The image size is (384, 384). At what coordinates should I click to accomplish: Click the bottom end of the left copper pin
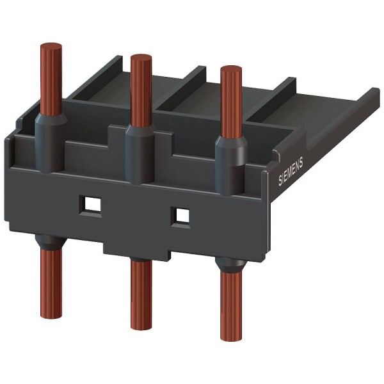tap(51, 307)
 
